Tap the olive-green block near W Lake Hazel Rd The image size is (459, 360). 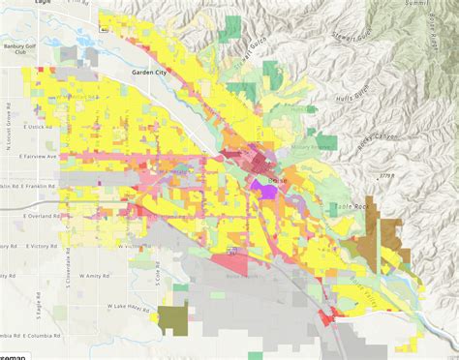(x=174, y=318)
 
